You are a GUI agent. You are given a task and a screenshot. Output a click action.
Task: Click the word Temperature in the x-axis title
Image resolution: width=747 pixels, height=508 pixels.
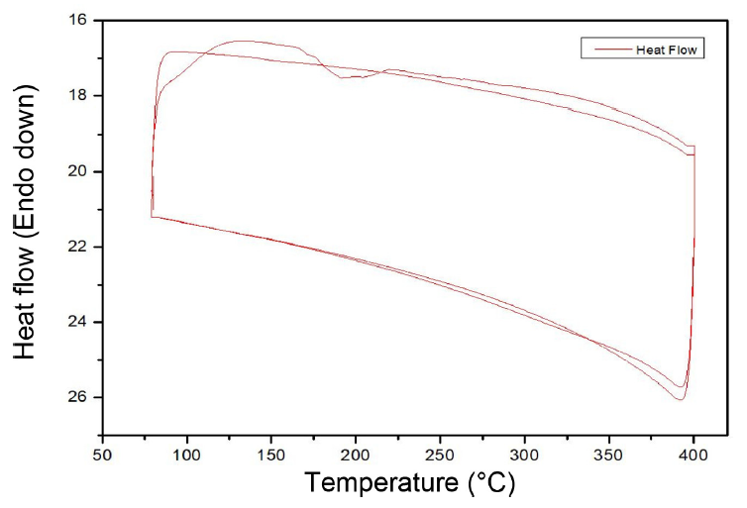(379, 484)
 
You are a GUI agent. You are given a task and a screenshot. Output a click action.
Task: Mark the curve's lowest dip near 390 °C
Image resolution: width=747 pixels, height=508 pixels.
(681, 399)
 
